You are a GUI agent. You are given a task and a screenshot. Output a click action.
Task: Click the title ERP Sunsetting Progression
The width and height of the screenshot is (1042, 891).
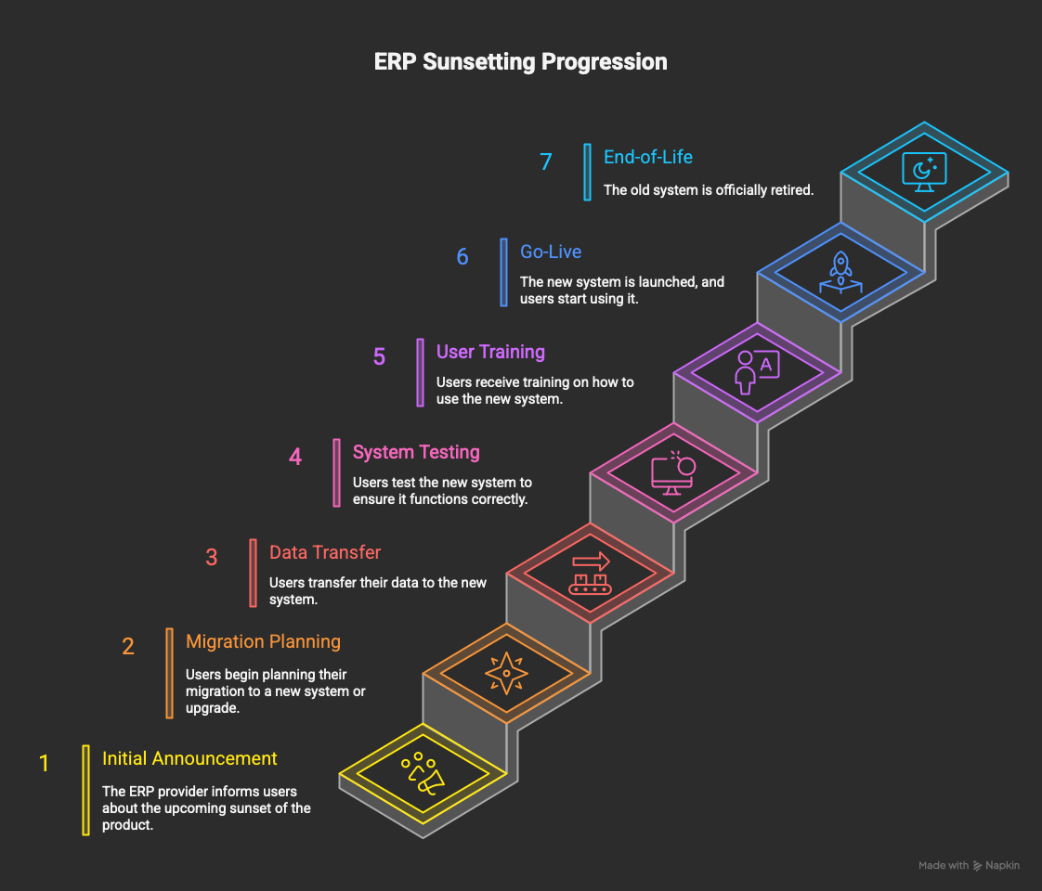point(520,62)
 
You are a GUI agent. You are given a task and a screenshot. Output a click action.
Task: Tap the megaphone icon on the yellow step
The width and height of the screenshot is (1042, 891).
point(423,774)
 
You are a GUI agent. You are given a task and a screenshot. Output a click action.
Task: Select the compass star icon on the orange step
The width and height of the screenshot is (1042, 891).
point(506,673)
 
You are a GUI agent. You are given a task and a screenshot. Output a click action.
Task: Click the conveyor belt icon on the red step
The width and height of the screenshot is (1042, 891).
point(590,574)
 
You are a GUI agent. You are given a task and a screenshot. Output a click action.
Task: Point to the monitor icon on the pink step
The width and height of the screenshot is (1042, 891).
point(673,473)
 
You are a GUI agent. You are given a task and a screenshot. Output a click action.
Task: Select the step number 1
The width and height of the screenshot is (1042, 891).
point(44,763)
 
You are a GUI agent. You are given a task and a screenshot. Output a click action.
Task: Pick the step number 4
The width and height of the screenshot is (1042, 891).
point(295,457)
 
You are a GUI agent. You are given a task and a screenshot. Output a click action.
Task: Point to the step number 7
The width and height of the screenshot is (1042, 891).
point(546,161)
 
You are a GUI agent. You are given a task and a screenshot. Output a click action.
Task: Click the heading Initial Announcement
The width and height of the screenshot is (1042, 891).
point(189,758)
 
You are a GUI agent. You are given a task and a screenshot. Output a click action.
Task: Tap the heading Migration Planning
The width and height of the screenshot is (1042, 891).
point(263,641)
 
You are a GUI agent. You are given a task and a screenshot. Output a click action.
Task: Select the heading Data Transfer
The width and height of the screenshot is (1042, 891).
point(325,552)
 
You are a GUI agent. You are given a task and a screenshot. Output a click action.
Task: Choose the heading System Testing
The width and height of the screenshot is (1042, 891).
point(416,452)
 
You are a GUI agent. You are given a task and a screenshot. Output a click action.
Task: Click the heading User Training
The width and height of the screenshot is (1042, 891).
point(490,352)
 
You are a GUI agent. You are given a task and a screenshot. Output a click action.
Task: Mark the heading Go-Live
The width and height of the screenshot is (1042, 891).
point(551,252)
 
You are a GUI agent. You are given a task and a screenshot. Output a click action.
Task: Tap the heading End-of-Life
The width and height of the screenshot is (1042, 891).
point(648,157)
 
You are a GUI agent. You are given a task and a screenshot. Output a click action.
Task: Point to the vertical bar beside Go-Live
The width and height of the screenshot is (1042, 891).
point(503,272)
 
